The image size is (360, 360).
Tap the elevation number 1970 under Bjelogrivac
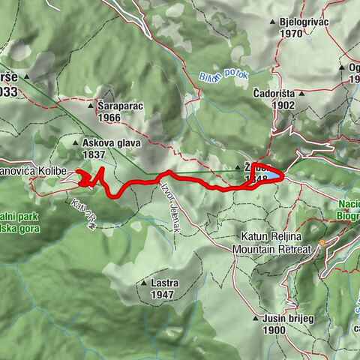289,34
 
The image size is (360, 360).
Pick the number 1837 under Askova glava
94,154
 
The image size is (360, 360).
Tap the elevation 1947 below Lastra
162,295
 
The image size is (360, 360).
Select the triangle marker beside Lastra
143,283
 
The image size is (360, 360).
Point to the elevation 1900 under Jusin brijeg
274,329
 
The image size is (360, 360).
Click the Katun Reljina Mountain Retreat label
269,241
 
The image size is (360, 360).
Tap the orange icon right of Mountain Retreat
322,243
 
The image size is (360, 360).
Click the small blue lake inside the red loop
271,175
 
